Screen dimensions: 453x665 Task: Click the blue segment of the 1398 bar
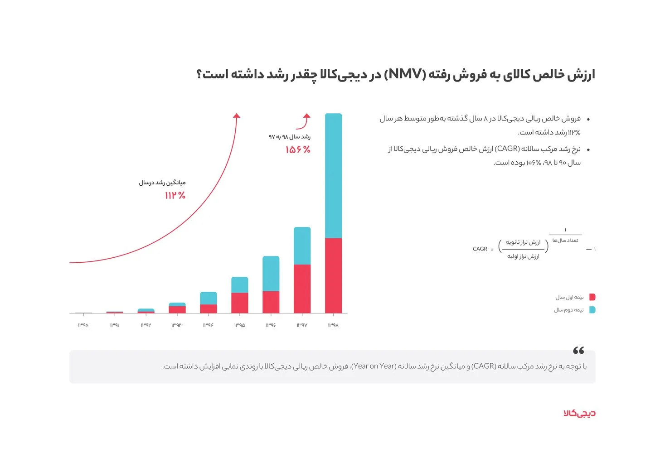tap(333, 176)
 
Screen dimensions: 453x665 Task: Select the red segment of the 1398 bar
tap(333, 275)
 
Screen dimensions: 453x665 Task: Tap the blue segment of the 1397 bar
tap(302, 246)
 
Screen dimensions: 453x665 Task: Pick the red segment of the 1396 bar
tap(271, 302)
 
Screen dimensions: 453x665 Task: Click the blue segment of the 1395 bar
tap(239, 285)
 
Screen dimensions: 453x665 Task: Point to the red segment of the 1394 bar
tap(208, 308)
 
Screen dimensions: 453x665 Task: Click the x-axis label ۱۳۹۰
tap(83, 325)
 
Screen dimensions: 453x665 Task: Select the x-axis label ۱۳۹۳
tap(177, 325)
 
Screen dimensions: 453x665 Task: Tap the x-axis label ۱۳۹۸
tap(333, 325)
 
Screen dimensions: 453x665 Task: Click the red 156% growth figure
tap(298, 149)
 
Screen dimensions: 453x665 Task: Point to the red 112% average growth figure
tap(175, 195)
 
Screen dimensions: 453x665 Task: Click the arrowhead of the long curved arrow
tap(236, 116)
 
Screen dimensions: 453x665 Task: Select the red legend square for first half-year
tap(592, 297)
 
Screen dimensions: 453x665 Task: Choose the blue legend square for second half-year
tap(592, 310)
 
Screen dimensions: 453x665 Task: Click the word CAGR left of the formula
tap(480, 249)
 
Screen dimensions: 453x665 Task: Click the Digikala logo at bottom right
tap(579, 413)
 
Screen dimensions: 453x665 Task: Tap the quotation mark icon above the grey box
tap(578, 350)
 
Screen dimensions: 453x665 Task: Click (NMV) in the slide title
tap(405, 74)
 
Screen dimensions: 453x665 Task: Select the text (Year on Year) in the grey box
tap(374, 366)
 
